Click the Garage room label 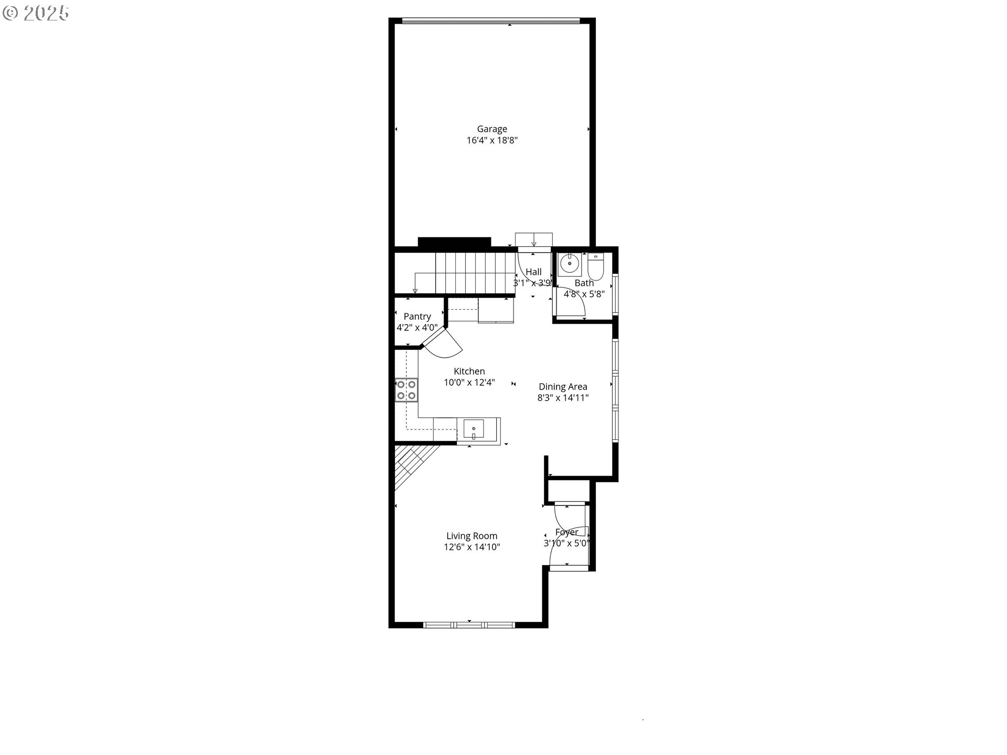click(x=492, y=129)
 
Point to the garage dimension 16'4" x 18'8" click(x=492, y=141)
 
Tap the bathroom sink click(x=569, y=264)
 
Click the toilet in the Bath click(x=596, y=266)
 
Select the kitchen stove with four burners click(x=406, y=390)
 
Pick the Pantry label click(x=417, y=317)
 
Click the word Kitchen click(x=469, y=371)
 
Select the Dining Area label click(x=563, y=387)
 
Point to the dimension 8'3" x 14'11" click(x=563, y=398)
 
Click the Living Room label click(x=472, y=536)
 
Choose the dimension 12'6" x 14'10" click(x=472, y=547)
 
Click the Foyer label click(x=566, y=532)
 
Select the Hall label click(x=533, y=272)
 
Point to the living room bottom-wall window click(x=469, y=624)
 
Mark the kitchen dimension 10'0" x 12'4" click(x=469, y=383)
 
